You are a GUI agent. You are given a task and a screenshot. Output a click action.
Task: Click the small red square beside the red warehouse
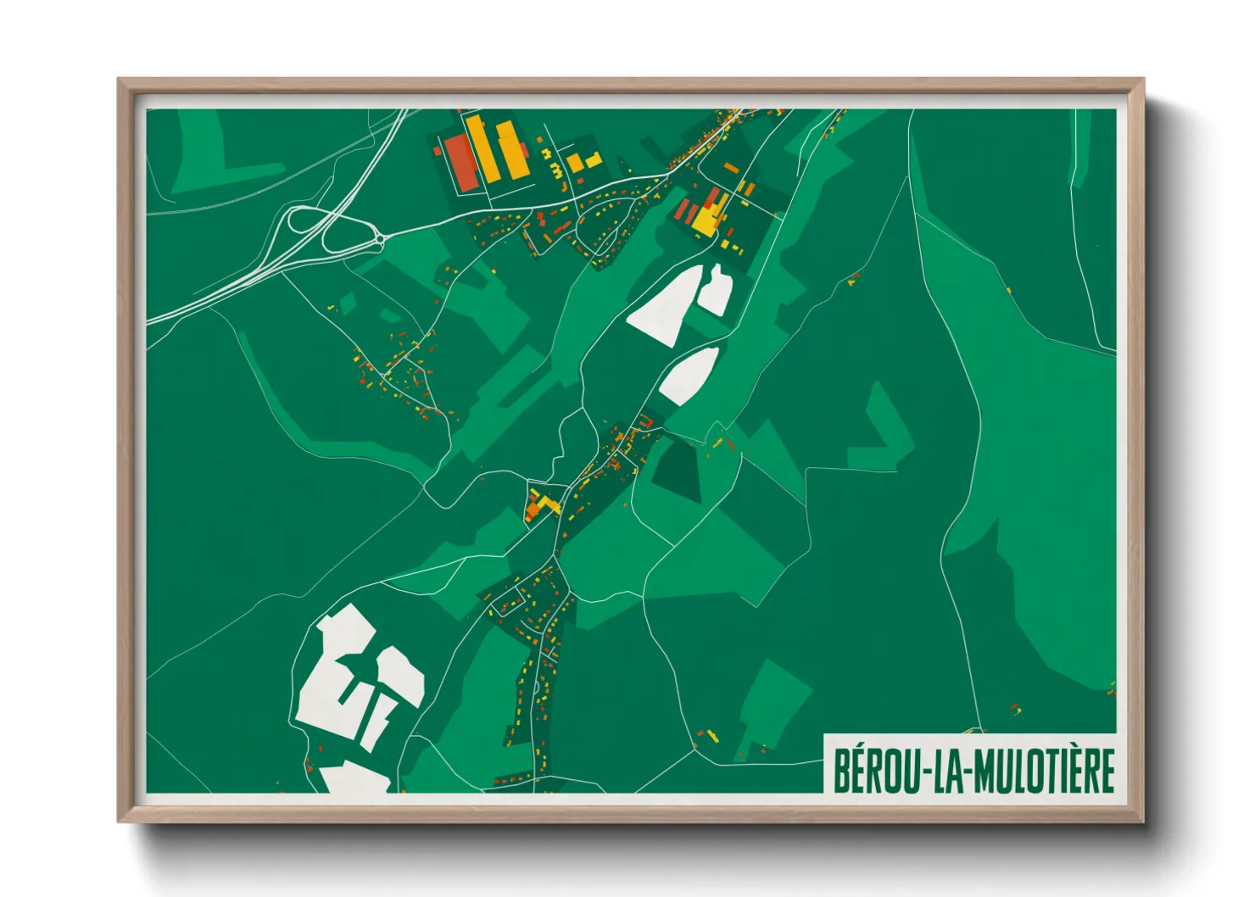[438, 150]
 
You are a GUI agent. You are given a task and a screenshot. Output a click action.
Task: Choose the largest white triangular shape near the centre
[666, 305]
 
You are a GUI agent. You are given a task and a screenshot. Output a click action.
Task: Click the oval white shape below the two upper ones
[689, 376]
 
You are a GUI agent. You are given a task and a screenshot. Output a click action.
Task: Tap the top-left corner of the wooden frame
[120, 81]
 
